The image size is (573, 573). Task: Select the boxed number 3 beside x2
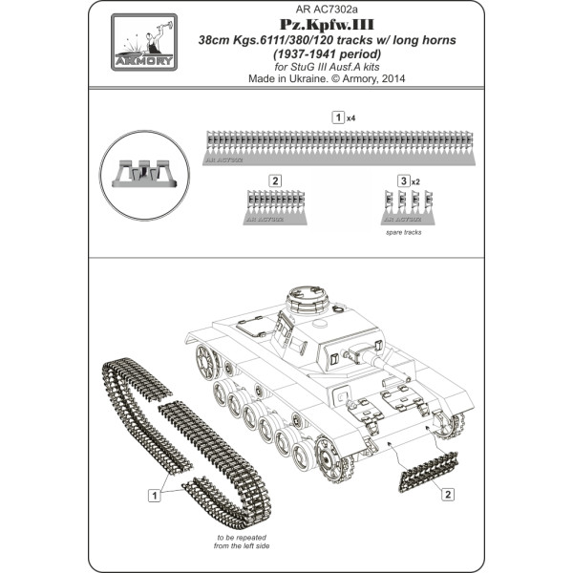click(x=402, y=180)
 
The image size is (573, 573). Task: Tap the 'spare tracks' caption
click(x=404, y=232)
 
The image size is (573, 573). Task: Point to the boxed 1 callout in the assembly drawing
click(x=152, y=495)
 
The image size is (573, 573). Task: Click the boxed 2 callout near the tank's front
click(x=447, y=495)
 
